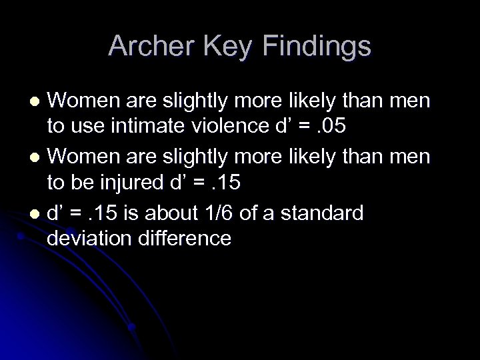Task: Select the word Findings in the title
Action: click(x=317, y=46)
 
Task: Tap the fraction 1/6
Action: click(x=241, y=213)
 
